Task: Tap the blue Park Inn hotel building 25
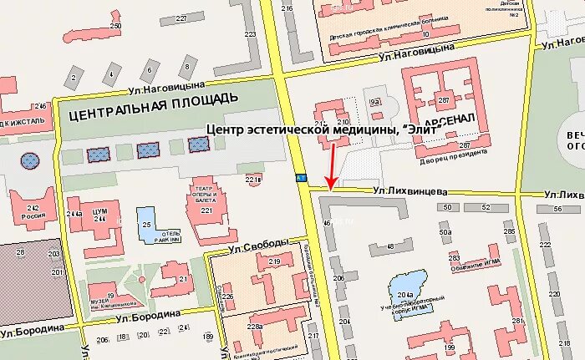tap(146, 223)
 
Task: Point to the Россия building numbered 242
tap(33, 210)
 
